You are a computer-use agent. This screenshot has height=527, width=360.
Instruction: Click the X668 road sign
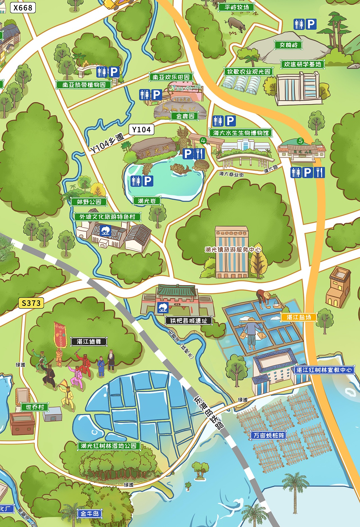(23, 8)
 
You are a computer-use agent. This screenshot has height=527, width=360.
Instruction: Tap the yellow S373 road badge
(31, 303)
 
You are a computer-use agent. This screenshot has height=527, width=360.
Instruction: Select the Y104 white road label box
(141, 129)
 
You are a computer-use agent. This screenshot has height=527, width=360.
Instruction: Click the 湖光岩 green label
(147, 201)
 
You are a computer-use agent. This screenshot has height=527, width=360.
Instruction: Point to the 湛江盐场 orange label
(299, 317)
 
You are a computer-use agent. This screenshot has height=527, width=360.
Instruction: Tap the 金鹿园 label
(185, 116)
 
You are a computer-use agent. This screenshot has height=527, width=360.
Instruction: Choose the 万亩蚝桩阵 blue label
(269, 435)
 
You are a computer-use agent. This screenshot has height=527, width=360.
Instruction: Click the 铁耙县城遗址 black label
(188, 321)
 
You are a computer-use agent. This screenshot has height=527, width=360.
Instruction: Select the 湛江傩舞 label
(89, 341)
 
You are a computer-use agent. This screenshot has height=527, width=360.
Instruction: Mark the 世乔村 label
(35, 407)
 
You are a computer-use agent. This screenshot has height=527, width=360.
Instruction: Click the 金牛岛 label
(89, 514)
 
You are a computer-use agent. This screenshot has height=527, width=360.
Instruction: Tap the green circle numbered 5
(301, 141)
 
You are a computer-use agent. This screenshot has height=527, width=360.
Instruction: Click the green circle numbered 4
(203, 140)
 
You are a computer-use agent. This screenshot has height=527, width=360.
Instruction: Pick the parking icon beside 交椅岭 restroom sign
(311, 24)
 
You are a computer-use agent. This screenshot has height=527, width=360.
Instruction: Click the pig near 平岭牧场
(236, 24)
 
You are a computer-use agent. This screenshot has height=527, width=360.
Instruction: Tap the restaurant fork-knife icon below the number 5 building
(319, 172)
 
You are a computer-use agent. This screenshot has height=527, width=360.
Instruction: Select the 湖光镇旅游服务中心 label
(233, 249)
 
